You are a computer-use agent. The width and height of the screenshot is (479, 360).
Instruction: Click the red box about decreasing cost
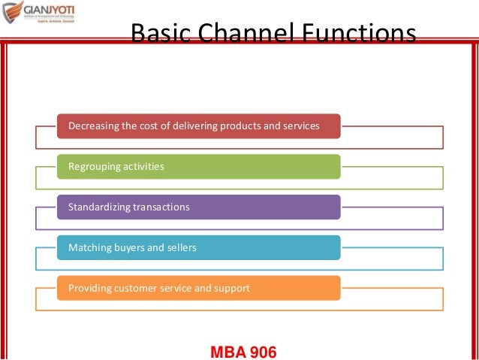(199, 126)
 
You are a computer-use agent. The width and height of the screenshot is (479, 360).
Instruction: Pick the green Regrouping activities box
(199, 166)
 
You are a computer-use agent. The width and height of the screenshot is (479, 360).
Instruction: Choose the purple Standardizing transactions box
(199, 207)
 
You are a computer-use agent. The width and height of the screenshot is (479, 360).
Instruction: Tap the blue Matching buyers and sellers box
(199, 247)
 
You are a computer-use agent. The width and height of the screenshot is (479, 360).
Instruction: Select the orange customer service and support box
(199, 288)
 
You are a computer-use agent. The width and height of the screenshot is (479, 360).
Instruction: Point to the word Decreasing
(91, 126)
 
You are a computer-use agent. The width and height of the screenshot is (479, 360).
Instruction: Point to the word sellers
(181, 247)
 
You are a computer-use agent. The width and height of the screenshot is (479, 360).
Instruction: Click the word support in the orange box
(233, 288)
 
